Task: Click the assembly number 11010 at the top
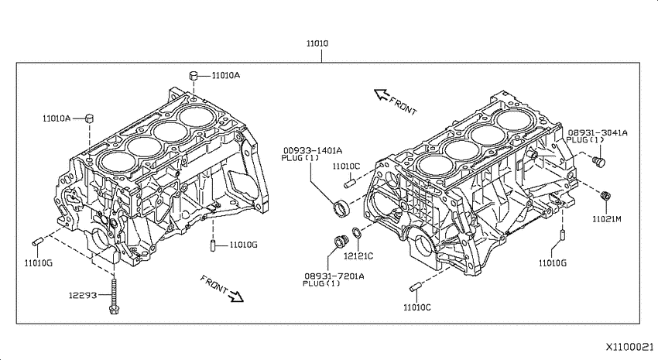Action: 317,43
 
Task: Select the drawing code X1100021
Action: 629,347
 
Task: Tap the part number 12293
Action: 83,296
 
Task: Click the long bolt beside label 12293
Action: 114,293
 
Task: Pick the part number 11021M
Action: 606,219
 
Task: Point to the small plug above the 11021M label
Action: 605,196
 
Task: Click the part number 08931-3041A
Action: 598,133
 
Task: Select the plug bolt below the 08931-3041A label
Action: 599,161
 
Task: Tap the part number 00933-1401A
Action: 312,151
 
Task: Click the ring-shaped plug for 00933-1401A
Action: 341,207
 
